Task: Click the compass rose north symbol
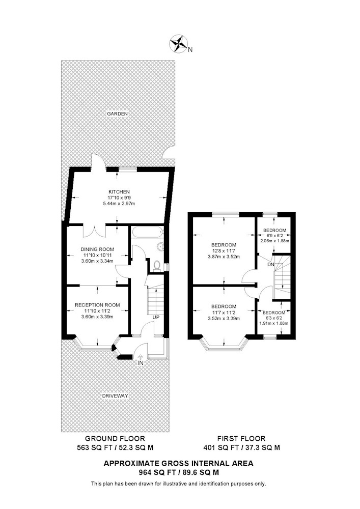click(x=179, y=43)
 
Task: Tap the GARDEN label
click(x=117, y=114)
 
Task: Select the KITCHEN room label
click(x=119, y=192)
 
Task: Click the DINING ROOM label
click(x=97, y=249)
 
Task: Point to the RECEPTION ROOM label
click(x=97, y=305)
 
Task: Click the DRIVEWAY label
click(x=115, y=396)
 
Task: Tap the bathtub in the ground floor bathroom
click(x=147, y=233)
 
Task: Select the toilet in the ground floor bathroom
click(x=157, y=265)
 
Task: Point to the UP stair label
click(x=156, y=317)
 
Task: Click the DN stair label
click(x=271, y=265)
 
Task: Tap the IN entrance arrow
click(x=141, y=358)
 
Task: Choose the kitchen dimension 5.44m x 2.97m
click(x=119, y=204)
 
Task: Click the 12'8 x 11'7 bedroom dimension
click(x=224, y=250)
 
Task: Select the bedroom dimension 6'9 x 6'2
click(x=274, y=235)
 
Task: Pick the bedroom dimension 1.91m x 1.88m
click(x=274, y=323)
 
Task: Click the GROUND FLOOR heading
click(x=115, y=439)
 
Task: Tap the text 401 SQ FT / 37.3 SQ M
click(x=241, y=447)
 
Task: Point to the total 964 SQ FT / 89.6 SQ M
click(x=179, y=472)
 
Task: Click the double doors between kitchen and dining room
click(x=95, y=230)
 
